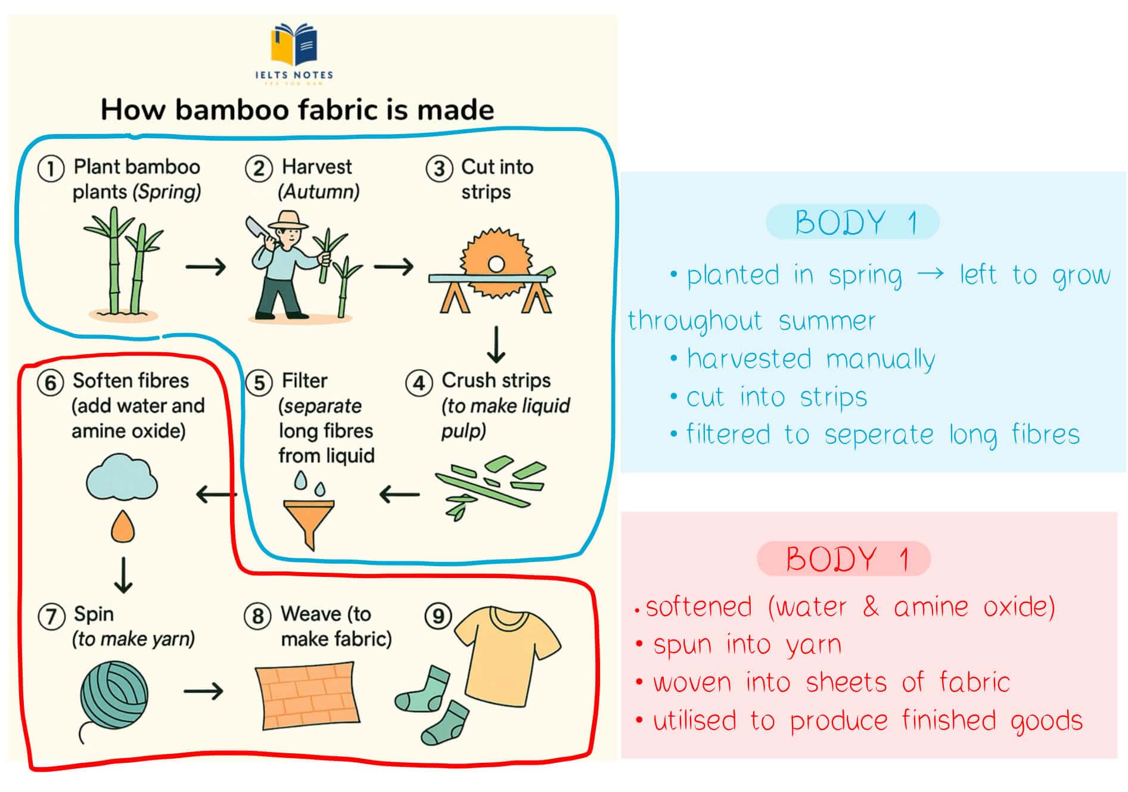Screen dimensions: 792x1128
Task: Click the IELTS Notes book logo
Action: [294, 45]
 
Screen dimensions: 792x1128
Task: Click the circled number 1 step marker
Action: [51, 169]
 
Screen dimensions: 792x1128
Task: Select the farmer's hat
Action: [288, 220]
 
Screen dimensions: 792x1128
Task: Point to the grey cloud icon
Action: [122, 477]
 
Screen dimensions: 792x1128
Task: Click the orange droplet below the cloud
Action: [123, 526]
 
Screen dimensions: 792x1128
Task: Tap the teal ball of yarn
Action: [113, 695]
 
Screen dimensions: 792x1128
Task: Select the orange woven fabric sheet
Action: [307, 695]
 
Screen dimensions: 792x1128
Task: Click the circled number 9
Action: [438, 616]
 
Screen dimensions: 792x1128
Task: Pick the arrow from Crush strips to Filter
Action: [399, 494]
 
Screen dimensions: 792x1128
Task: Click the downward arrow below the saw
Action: [496, 344]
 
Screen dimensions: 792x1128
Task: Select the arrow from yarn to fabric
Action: [203, 691]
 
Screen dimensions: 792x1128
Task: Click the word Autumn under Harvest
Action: [319, 192]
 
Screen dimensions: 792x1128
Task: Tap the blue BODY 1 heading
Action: [854, 222]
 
